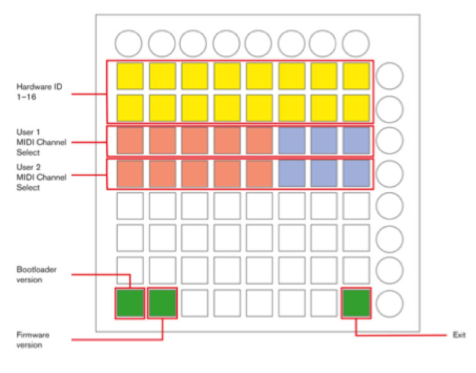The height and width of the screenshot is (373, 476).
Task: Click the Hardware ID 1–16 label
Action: click(x=39, y=91)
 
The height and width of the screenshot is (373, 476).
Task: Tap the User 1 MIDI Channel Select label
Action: click(x=41, y=142)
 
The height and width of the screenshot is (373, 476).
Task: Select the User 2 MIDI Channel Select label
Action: click(x=41, y=177)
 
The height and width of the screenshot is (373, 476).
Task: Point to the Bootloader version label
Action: click(x=37, y=274)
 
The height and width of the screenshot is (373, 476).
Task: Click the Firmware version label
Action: click(x=33, y=340)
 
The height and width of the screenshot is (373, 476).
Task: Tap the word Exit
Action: click(x=459, y=335)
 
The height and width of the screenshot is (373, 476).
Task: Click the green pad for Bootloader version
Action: click(x=130, y=303)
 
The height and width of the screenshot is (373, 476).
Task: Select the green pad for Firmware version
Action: click(x=163, y=303)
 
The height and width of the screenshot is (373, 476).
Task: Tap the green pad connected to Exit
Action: click(x=356, y=303)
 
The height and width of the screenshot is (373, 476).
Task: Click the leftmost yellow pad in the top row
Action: click(x=130, y=76)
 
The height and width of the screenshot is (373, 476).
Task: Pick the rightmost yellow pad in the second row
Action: click(x=356, y=108)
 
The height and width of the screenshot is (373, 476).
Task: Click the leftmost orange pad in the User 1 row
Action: click(x=130, y=141)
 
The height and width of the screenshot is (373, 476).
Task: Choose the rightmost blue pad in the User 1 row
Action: click(x=356, y=141)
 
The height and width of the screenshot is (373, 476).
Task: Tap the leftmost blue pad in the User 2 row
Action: click(x=292, y=174)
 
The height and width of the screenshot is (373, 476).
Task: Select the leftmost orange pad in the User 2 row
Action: click(x=130, y=174)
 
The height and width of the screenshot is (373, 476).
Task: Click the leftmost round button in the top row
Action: click(x=129, y=43)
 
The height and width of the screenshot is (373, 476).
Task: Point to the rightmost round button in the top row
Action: click(x=356, y=43)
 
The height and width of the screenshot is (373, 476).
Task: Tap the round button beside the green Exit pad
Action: click(x=390, y=304)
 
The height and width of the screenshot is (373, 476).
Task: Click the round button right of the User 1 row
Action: click(x=390, y=141)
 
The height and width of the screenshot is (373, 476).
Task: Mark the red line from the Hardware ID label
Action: click(x=89, y=94)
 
